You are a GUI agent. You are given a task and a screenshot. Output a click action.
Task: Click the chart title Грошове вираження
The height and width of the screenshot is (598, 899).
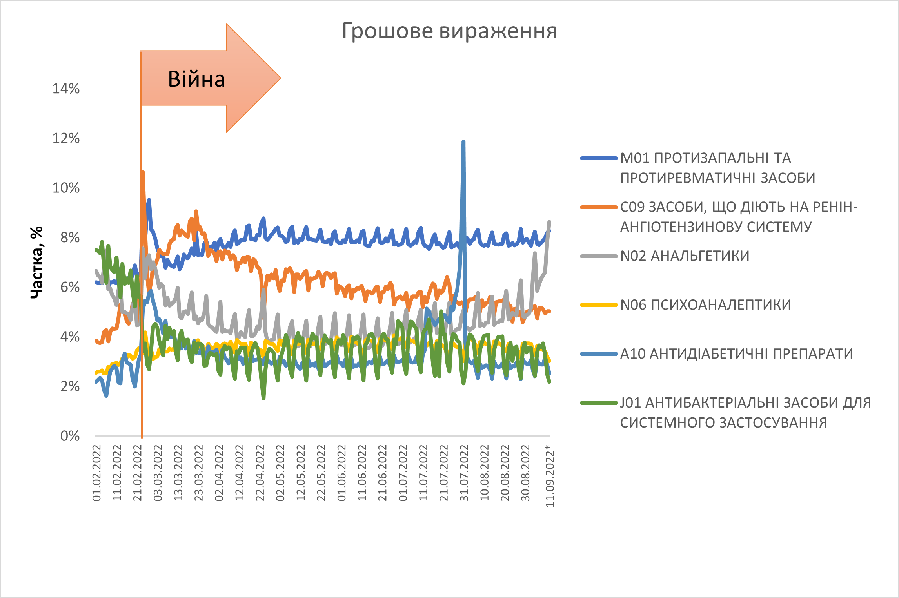(x=449, y=31)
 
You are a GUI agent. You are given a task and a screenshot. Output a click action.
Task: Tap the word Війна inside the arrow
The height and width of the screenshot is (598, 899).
(x=196, y=79)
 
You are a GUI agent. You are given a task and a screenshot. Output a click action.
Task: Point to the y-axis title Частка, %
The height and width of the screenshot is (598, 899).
(x=36, y=263)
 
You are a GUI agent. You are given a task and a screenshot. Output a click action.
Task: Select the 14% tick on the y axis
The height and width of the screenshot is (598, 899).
(x=66, y=89)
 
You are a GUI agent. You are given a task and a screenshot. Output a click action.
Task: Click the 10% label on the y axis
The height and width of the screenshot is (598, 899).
(x=66, y=188)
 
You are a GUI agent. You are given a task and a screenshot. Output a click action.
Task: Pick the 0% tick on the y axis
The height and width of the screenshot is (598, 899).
(x=70, y=436)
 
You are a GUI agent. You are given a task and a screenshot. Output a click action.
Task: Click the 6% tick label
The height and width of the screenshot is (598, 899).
(x=70, y=287)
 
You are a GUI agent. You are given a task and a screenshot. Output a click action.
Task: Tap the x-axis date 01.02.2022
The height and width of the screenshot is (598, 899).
(x=96, y=473)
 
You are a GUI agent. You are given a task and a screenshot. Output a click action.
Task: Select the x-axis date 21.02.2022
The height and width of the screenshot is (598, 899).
(x=137, y=473)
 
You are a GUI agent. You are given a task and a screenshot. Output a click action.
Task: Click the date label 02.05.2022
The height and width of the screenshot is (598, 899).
(x=280, y=473)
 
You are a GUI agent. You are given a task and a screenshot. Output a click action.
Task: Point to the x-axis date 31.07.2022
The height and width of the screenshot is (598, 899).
(x=464, y=473)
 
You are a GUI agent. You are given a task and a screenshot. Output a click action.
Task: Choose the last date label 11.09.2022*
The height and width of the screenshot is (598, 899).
(x=550, y=476)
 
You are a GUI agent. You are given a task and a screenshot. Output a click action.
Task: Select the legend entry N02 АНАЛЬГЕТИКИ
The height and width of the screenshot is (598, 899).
(x=685, y=256)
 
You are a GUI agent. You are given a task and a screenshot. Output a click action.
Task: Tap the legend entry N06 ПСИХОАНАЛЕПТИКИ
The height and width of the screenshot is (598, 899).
(x=705, y=305)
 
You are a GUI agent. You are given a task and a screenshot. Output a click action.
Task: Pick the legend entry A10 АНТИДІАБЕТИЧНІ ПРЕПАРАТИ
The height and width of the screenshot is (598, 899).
(x=736, y=354)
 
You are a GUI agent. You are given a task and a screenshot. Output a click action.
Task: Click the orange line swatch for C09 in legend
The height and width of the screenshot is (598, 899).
(x=599, y=207)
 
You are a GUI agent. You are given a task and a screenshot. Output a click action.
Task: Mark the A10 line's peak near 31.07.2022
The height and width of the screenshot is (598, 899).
(x=463, y=141)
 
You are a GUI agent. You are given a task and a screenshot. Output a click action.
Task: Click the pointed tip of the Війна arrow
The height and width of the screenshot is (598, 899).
(x=280, y=78)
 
